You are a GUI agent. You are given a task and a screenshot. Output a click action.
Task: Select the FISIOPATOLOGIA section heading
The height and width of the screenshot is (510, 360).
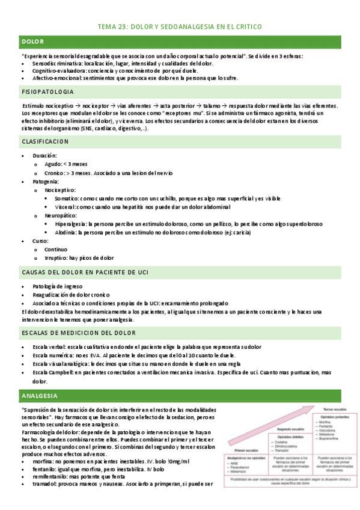[47, 91]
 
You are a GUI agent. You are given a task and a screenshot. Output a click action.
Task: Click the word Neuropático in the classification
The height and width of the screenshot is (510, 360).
[61, 215]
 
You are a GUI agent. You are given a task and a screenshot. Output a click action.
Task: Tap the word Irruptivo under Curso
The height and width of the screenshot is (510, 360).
[56, 257]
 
